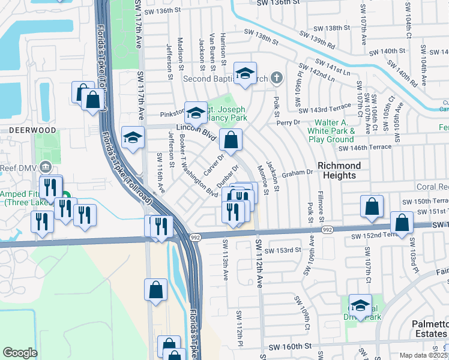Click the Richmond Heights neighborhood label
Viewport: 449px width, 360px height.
tap(339, 170)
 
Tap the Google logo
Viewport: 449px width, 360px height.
tap(20, 353)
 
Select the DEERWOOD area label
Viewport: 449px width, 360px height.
tap(23, 129)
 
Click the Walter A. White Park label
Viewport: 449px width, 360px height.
tap(331, 130)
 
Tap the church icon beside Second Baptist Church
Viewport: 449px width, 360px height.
tap(276, 78)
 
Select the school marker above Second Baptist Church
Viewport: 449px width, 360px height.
tap(244, 74)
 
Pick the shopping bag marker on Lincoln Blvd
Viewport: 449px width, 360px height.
tap(231, 141)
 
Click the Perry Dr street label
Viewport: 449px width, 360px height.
tap(288, 122)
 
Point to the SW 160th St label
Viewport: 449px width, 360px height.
tap(291, 347)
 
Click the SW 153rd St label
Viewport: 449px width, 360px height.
tap(282, 250)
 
